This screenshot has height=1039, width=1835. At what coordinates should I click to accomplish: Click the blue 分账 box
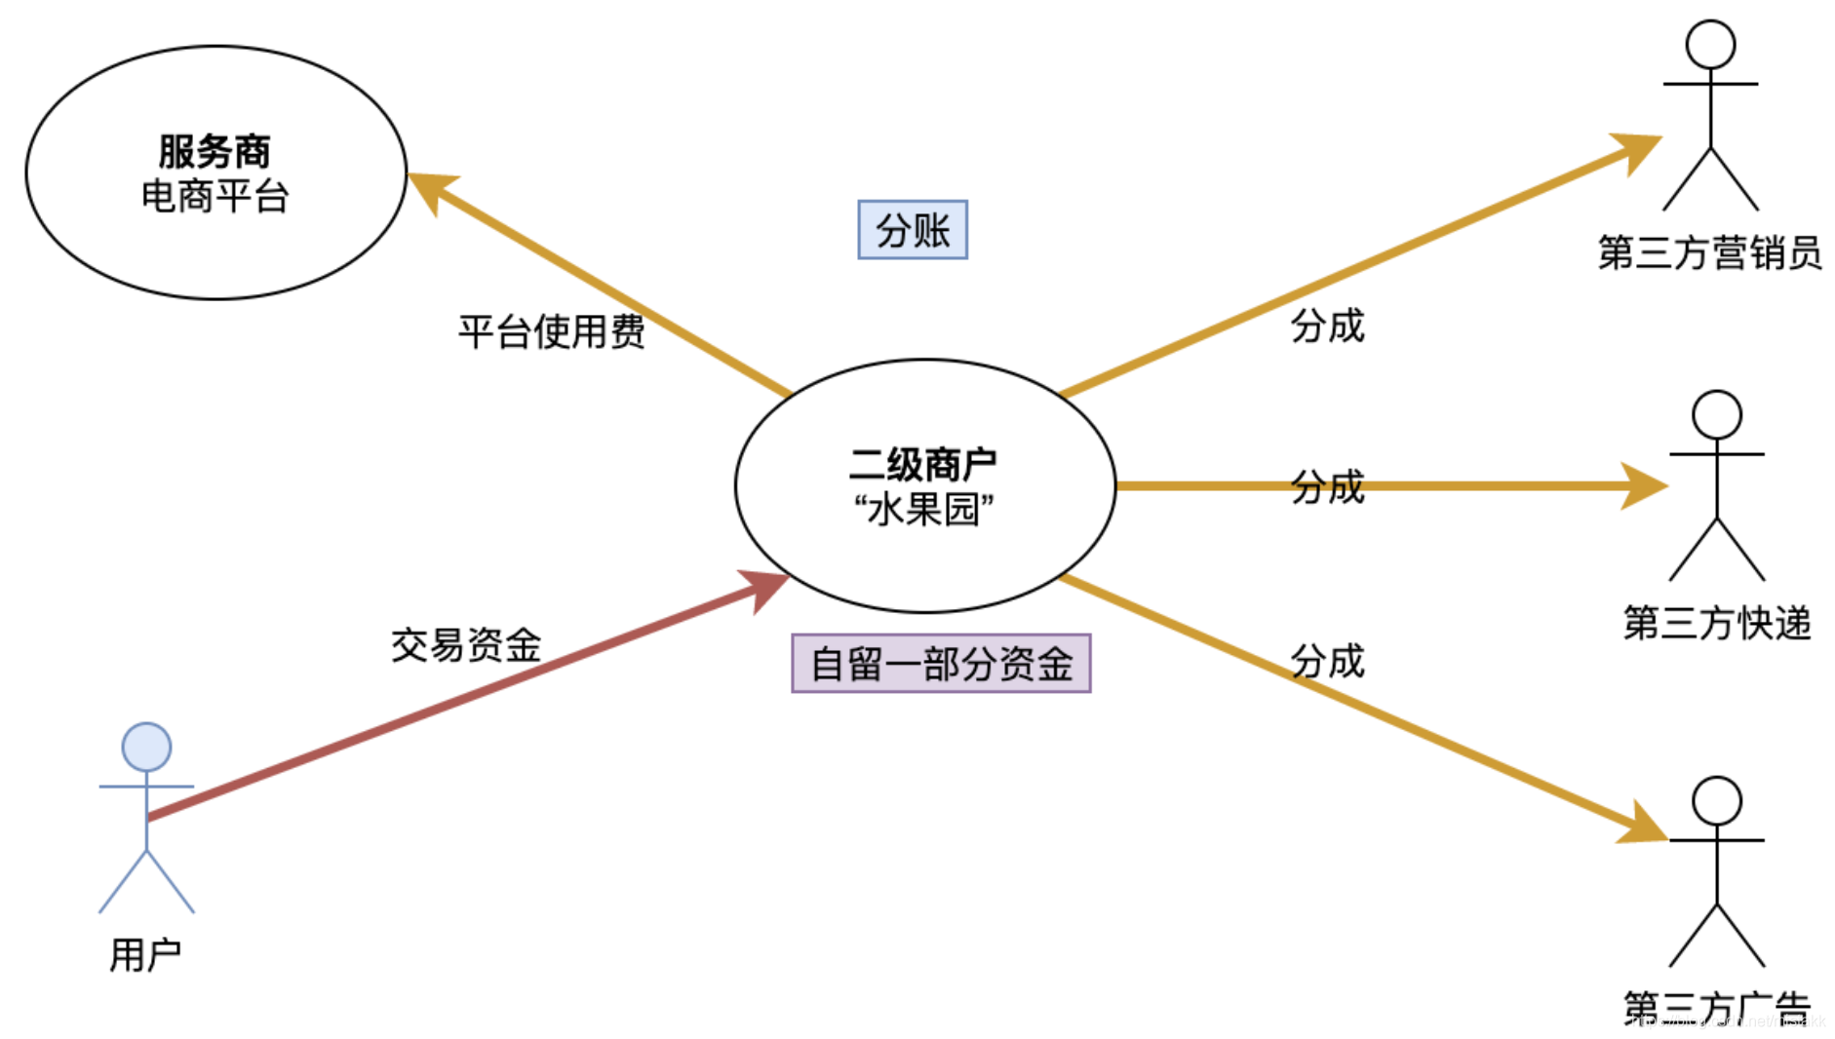tap(912, 230)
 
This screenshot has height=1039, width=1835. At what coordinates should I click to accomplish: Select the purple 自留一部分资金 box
tap(941, 664)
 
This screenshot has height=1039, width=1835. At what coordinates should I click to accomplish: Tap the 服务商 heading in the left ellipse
tap(215, 151)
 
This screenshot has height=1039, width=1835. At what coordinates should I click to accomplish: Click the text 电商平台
tap(215, 197)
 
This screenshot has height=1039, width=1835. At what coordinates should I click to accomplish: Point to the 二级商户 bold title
tap(922, 464)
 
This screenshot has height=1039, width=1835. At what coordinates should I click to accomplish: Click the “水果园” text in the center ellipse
tap(922, 509)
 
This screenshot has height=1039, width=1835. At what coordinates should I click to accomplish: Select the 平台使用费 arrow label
tap(552, 331)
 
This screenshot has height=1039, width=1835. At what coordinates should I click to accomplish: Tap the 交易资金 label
tap(466, 644)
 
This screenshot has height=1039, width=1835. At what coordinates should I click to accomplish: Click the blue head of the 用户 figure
tap(146, 747)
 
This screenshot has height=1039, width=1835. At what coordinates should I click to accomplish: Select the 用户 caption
tap(145, 954)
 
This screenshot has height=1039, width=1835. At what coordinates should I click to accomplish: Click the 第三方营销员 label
tap(1709, 252)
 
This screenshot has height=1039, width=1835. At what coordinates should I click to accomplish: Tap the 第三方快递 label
tap(1716, 623)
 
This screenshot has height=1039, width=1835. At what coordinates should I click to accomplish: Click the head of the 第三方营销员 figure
tap(1710, 45)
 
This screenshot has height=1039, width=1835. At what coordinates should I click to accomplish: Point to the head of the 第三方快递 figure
tap(1716, 415)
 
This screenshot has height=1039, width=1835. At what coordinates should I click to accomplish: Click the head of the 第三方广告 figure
tap(1716, 801)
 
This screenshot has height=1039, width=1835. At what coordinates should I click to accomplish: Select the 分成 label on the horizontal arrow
tap(1327, 486)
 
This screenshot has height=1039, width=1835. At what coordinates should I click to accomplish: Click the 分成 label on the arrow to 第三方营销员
tap(1327, 326)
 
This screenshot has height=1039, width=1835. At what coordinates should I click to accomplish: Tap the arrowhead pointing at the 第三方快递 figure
tap(1646, 485)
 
